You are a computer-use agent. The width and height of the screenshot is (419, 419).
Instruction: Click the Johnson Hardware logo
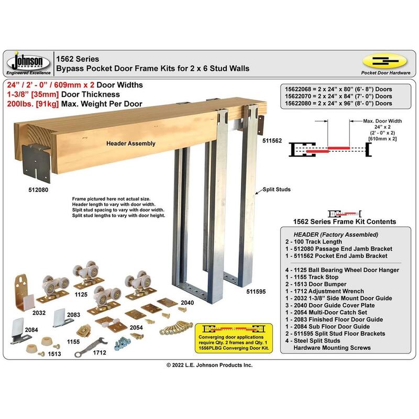click(x=28, y=63)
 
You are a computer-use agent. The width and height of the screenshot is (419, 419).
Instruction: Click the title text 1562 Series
click(x=78, y=59)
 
